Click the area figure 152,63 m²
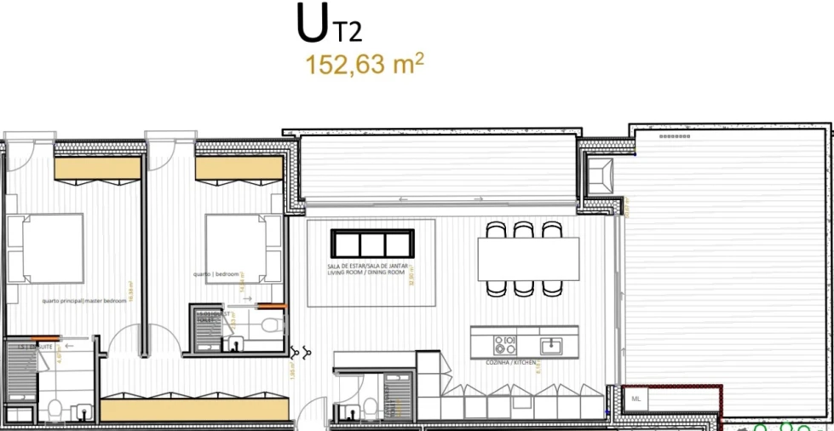point(365,65)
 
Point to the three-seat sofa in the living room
point(373,244)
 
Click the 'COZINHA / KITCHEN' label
point(511,363)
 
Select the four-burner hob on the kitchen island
point(504,344)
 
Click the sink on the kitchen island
point(550,345)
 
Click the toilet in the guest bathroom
point(272,326)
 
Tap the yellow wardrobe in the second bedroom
point(239,168)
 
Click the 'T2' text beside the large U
point(348,32)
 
